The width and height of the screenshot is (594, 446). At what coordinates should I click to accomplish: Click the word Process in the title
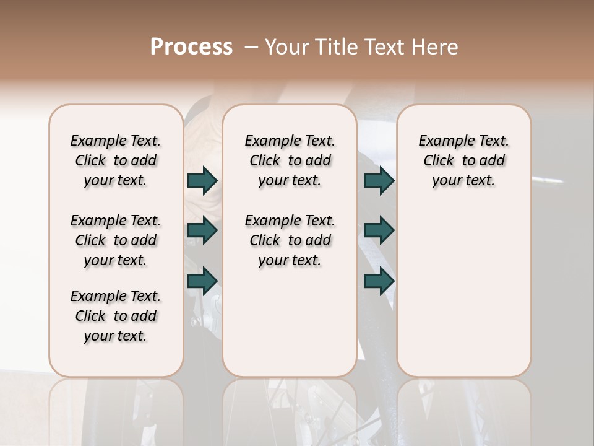pyautogui.click(x=191, y=47)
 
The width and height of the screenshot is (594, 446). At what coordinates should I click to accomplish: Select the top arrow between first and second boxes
pyautogui.click(x=202, y=180)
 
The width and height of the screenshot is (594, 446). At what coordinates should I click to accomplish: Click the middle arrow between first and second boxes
pyautogui.click(x=202, y=230)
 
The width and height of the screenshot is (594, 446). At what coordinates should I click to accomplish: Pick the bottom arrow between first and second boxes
pyautogui.click(x=202, y=281)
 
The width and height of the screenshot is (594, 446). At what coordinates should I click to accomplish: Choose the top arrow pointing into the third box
pyautogui.click(x=379, y=180)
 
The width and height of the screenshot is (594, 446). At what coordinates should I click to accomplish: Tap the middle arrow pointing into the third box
pyautogui.click(x=379, y=230)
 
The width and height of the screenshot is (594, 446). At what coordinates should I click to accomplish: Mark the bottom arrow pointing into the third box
pyautogui.click(x=379, y=281)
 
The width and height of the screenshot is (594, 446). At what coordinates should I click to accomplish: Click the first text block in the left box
pyautogui.click(x=116, y=160)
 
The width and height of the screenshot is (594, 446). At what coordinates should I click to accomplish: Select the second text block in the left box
pyautogui.click(x=116, y=240)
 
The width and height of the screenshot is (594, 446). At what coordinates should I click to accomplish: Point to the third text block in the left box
pyautogui.click(x=116, y=316)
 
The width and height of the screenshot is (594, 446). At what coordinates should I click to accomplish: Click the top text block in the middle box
pyautogui.click(x=290, y=160)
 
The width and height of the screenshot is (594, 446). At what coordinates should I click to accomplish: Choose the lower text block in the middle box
pyautogui.click(x=290, y=240)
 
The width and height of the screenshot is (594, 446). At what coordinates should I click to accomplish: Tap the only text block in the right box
pyautogui.click(x=463, y=160)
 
